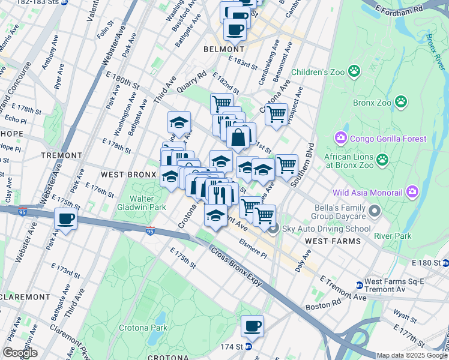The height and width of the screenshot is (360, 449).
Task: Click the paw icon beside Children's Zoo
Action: (355, 71)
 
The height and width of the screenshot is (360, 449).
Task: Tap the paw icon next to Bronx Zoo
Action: (401, 103)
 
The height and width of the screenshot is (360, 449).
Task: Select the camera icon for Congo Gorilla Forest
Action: (342, 139)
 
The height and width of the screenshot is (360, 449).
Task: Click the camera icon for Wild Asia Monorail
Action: (412, 193)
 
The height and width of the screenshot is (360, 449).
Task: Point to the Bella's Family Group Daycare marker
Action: (375, 211)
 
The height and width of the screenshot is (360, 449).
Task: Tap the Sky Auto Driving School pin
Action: (273, 229)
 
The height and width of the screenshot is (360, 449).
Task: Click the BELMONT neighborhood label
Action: (224, 49)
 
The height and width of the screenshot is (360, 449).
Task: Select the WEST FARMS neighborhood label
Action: (333, 241)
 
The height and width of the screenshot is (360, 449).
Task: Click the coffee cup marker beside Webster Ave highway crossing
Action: (65, 219)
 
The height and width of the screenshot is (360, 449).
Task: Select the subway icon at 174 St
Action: (248, 346)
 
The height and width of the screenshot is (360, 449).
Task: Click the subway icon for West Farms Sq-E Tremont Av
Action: (359, 285)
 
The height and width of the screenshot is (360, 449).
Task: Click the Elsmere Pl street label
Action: (252, 250)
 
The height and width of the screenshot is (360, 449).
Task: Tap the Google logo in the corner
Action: (20, 353)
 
